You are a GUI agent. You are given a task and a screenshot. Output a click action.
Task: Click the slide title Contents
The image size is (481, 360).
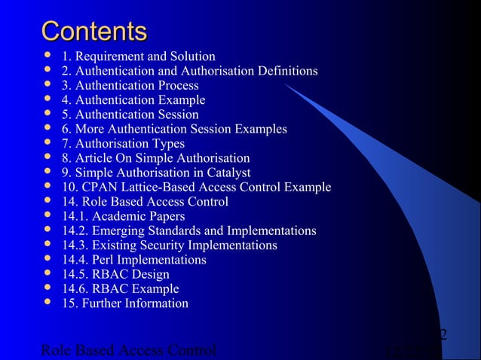[x=94, y=32]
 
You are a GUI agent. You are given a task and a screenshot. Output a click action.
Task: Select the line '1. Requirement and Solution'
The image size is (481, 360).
[x=139, y=56]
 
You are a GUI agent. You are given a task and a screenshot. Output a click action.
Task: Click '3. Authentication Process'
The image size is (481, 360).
[x=130, y=86]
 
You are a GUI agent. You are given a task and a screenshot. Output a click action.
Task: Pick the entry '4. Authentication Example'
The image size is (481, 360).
[x=133, y=100]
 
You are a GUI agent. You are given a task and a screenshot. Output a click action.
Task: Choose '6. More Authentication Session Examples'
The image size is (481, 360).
[x=174, y=130]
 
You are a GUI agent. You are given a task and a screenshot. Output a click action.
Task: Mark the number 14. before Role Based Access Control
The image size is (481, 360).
[x=72, y=202]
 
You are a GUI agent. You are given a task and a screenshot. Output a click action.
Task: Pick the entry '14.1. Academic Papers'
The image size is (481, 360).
[x=124, y=216]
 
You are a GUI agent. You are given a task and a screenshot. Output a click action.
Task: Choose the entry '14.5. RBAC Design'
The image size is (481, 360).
[x=116, y=274]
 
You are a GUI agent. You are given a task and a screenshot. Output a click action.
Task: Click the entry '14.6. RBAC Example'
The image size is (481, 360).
[x=121, y=288]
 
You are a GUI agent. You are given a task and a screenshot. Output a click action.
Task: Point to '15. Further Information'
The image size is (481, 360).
[x=125, y=304]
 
